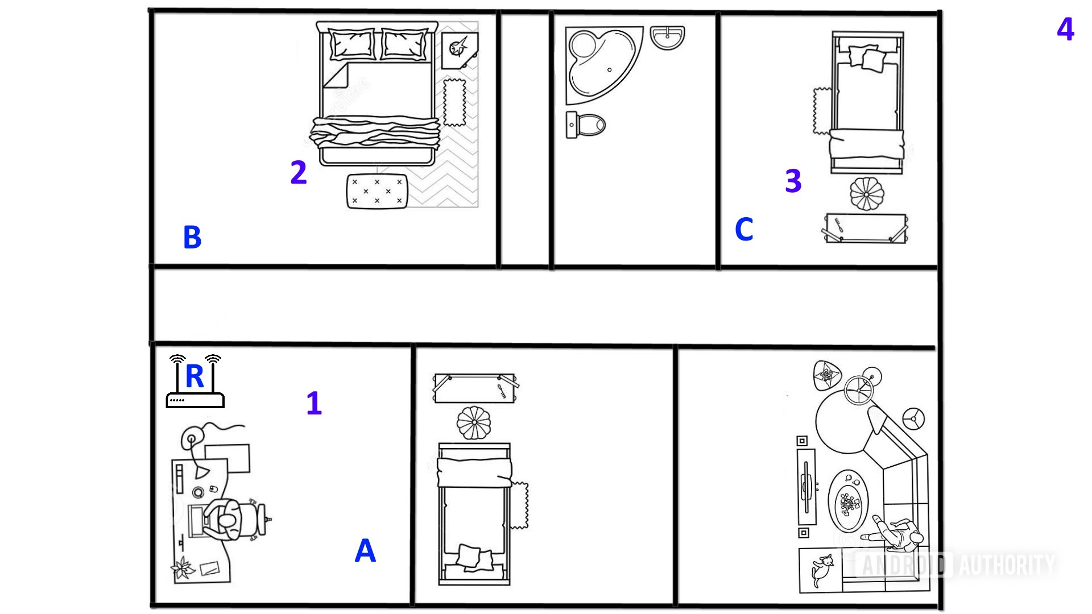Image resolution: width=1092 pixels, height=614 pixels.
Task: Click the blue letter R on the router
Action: click(195, 376)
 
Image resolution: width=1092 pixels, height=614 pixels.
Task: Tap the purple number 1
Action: click(314, 404)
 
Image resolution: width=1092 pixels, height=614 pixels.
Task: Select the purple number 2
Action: click(299, 172)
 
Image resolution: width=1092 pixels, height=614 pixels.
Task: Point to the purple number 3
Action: click(793, 181)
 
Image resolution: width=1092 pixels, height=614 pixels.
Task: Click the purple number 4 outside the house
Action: click(1065, 29)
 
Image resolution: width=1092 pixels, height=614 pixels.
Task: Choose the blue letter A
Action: click(365, 551)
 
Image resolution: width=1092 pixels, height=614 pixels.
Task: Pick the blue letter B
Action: click(192, 238)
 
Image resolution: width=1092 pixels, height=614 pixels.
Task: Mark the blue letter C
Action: click(744, 230)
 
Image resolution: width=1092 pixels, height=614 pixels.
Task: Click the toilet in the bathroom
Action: click(586, 125)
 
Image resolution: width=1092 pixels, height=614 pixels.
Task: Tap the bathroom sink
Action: click(667, 38)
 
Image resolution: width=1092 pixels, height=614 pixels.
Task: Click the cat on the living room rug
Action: click(821, 570)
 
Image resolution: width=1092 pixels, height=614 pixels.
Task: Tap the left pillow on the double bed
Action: click(352, 44)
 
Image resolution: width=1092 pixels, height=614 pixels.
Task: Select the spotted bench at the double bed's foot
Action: click(377, 191)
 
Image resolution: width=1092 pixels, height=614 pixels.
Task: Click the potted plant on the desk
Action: click(184, 568)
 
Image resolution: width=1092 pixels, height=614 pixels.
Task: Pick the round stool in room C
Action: click(866, 194)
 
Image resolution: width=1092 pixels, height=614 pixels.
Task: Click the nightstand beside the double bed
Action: click(459, 48)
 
